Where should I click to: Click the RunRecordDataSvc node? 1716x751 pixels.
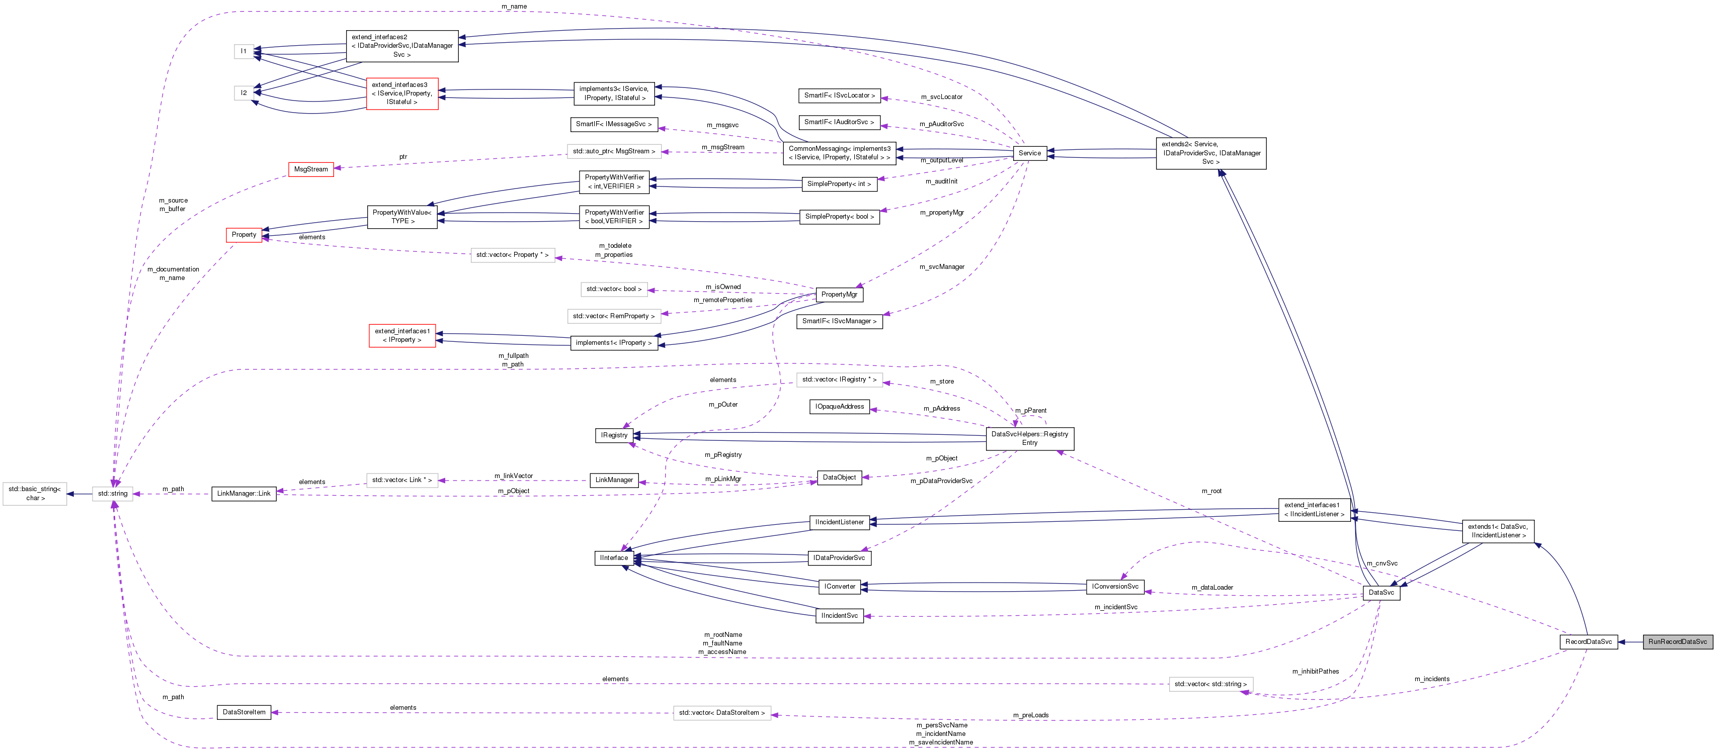tap(1677, 642)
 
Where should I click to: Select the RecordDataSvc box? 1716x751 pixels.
tap(1588, 642)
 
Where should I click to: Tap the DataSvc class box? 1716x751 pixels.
tap(1381, 593)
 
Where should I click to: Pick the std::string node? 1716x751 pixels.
tap(113, 493)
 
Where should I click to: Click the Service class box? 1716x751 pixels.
tap(1029, 153)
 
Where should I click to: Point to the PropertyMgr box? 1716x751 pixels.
tap(839, 294)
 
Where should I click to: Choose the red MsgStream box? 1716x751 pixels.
tap(310, 169)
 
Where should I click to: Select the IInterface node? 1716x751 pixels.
tap(614, 558)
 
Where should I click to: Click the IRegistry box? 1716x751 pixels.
tap(614, 435)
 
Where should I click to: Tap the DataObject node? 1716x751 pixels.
tap(839, 478)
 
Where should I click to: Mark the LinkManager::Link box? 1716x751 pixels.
tap(244, 493)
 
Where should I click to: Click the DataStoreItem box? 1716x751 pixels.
tap(244, 712)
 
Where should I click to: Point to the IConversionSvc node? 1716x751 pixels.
tap(1115, 587)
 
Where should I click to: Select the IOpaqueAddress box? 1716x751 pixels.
tap(839, 407)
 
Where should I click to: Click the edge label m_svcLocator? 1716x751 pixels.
tap(941, 97)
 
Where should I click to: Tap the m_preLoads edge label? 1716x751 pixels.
tap(1030, 715)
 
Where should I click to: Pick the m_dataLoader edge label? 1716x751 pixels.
tap(1212, 587)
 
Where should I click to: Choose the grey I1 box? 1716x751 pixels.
tap(244, 51)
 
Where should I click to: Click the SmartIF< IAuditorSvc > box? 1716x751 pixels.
tap(839, 123)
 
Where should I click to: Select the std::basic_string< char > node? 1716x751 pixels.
tap(35, 493)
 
